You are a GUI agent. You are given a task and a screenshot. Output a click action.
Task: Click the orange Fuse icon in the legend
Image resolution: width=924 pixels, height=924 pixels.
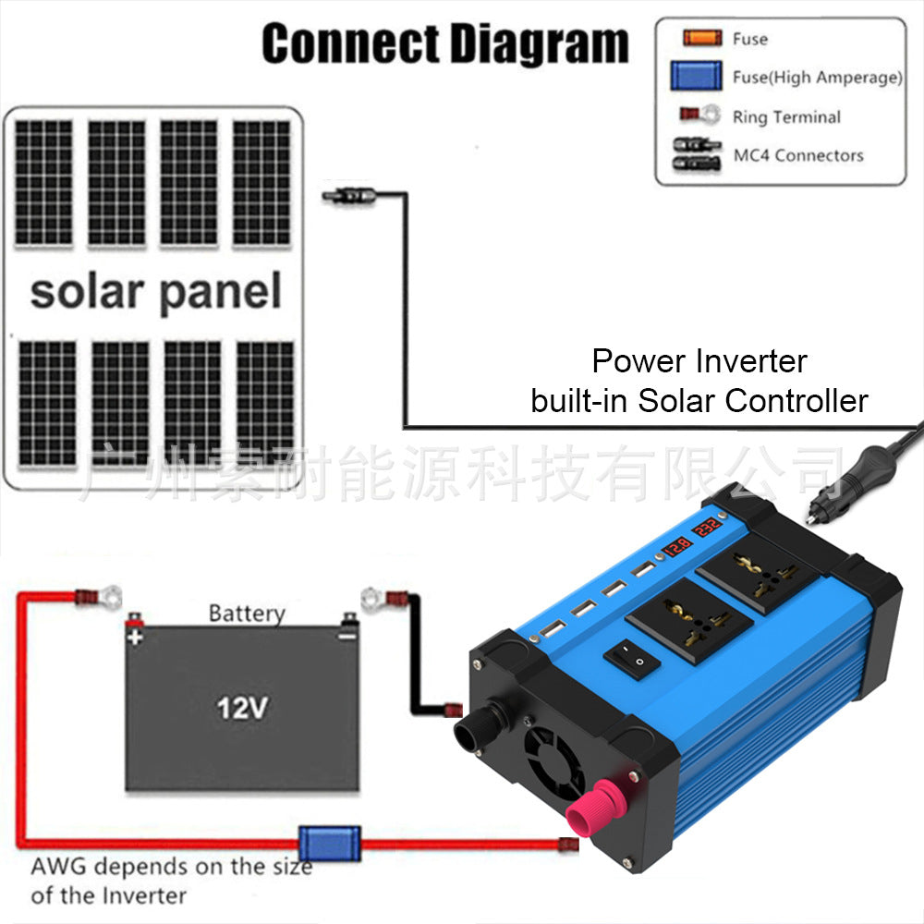pos(702,39)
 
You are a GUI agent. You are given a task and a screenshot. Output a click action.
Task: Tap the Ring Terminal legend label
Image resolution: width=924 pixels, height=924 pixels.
pos(786,117)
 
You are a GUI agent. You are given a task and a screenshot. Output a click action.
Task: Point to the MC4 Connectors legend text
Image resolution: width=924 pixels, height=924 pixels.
pos(798,155)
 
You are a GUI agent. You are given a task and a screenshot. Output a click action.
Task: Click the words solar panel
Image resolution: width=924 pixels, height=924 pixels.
pos(155,291)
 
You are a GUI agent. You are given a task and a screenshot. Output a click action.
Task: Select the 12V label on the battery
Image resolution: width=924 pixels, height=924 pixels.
pos(242,709)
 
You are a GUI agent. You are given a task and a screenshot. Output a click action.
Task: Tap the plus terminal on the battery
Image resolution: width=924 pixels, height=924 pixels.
pos(135,628)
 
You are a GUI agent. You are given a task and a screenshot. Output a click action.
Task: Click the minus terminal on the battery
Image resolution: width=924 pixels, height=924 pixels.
pos(348,627)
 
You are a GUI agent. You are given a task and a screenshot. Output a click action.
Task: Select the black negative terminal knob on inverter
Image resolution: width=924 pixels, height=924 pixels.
pos(478,727)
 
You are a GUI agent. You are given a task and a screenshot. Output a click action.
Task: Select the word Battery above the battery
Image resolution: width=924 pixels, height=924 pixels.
pos(247,613)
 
